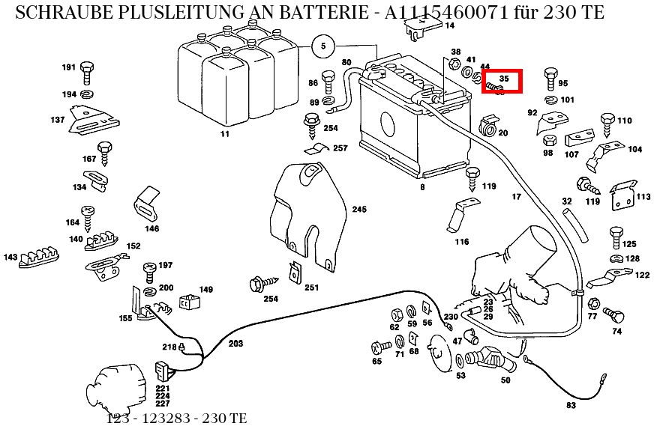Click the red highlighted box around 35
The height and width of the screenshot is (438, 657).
502,81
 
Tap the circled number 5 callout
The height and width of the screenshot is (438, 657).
322,46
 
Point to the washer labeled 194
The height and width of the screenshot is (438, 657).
87,94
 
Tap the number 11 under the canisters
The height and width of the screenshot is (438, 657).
223,135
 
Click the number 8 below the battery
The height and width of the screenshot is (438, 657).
422,186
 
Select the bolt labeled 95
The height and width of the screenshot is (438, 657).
550,78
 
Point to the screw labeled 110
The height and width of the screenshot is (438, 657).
608,125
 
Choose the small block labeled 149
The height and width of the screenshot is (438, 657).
188,302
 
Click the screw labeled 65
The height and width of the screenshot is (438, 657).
381,347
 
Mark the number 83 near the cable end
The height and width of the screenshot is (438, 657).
571,405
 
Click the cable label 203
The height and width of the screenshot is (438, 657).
235,344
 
